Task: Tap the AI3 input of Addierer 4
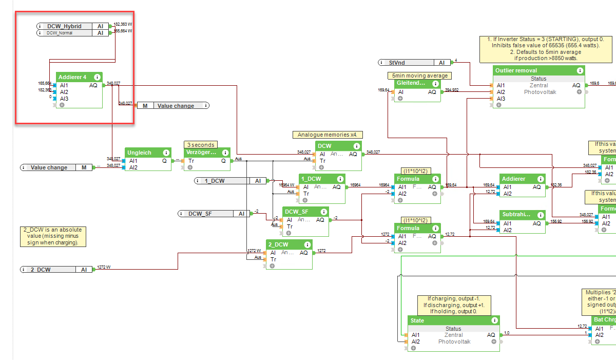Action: (x=64, y=99)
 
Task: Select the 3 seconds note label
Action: (x=201, y=145)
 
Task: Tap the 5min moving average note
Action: (x=419, y=75)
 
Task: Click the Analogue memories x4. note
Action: (x=328, y=135)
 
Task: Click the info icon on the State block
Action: (x=494, y=320)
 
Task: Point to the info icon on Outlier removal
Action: (x=579, y=70)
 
